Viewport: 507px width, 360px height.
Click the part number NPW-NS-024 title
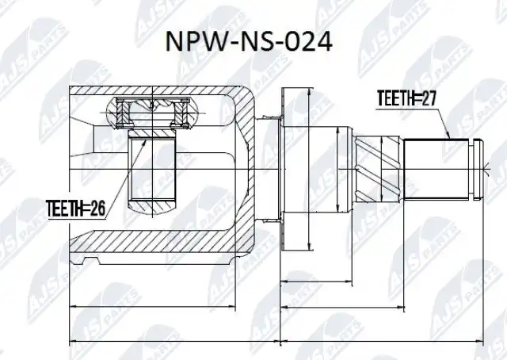[249, 42]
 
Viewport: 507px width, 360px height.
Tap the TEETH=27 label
[406, 98]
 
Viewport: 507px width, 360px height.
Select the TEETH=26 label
[76, 209]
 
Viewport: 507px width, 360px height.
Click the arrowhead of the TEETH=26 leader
[144, 144]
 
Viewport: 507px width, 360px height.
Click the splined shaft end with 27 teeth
[436, 169]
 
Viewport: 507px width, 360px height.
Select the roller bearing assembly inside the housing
[151, 113]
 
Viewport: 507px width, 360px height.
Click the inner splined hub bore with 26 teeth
[152, 168]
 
